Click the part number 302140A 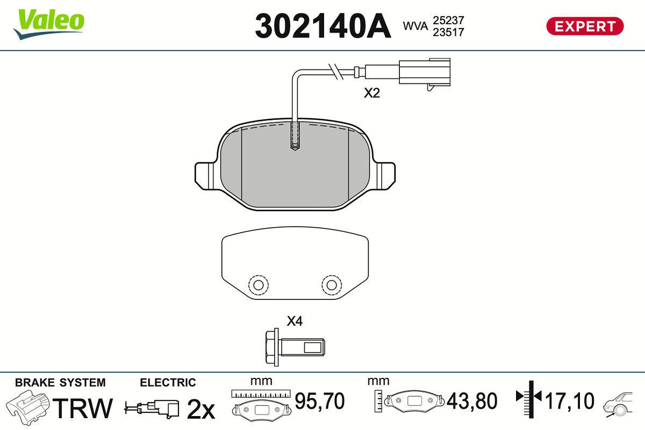point(323,26)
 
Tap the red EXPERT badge point(585,26)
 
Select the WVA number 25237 point(448,20)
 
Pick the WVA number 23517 point(448,32)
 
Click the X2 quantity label point(372,93)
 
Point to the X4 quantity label point(295,321)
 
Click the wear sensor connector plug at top point(425,73)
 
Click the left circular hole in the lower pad point(259,285)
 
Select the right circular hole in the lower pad point(332,285)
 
